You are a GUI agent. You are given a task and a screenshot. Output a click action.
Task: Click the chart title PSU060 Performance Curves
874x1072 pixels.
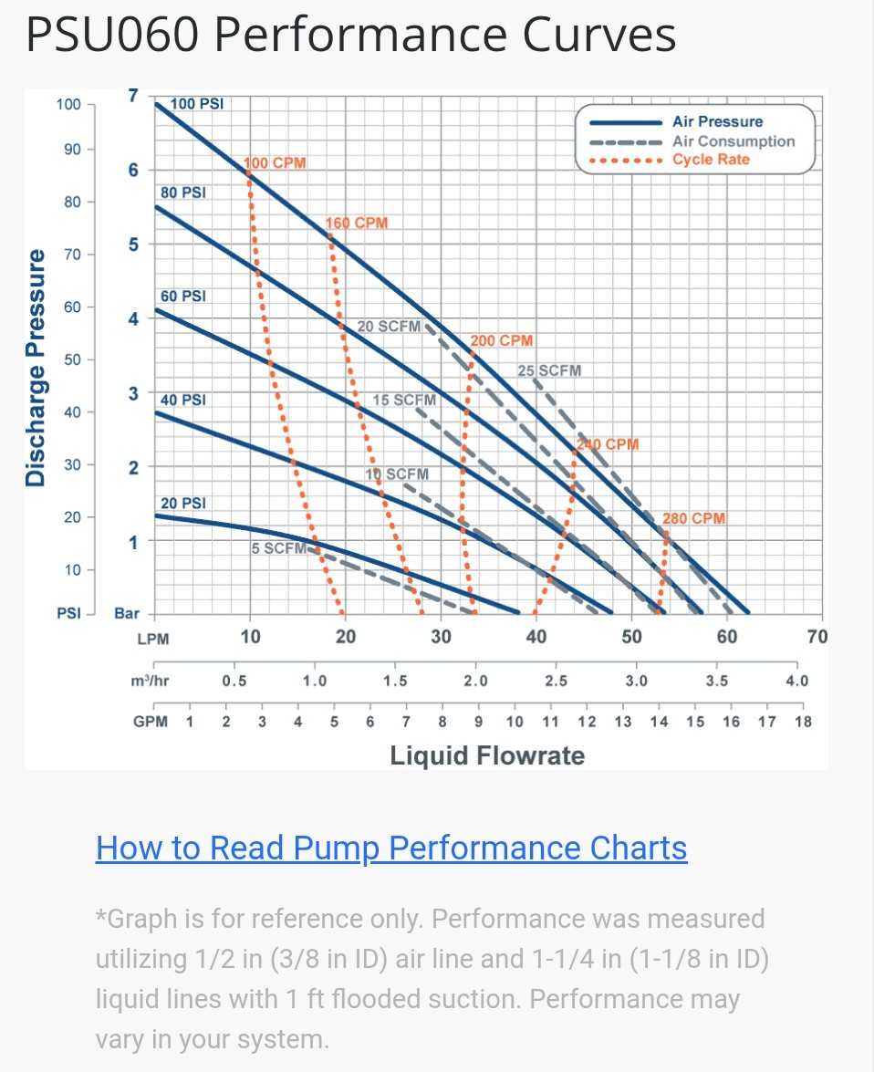pyautogui.click(x=350, y=35)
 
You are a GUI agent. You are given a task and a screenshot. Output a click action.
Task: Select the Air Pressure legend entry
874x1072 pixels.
pyautogui.click(x=717, y=121)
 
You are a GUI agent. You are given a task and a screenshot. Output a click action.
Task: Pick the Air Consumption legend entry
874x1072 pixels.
pyautogui.click(x=734, y=141)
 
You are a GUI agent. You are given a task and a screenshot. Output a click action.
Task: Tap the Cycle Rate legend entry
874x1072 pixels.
pyautogui.click(x=711, y=160)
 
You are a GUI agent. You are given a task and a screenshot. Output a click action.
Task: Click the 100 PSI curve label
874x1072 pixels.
pyautogui.click(x=197, y=104)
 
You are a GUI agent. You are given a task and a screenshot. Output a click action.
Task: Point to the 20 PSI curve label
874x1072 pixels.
pyautogui.click(x=183, y=503)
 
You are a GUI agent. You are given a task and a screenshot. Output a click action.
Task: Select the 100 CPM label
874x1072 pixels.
pyautogui.click(x=276, y=163)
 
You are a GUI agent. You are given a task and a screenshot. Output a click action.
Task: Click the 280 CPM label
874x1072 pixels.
pyautogui.click(x=694, y=518)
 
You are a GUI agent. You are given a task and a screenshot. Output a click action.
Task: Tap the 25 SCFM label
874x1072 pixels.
pyautogui.click(x=549, y=370)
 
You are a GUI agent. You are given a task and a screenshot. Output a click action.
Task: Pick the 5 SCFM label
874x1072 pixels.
pyautogui.click(x=279, y=548)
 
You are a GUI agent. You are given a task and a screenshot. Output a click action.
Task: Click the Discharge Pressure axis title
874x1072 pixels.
pyautogui.click(x=36, y=368)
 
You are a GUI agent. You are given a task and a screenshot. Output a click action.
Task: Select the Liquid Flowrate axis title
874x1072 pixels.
pyautogui.click(x=487, y=755)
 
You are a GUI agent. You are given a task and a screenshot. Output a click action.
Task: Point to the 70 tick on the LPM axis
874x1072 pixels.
pyautogui.click(x=817, y=636)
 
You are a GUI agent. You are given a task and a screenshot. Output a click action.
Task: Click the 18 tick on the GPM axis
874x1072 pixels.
pyautogui.click(x=803, y=722)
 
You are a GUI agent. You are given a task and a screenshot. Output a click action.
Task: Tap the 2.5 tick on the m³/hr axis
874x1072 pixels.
pyautogui.click(x=556, y=681)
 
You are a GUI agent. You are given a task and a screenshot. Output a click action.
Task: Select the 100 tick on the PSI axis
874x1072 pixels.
pyautogui.click(x=68, y=104)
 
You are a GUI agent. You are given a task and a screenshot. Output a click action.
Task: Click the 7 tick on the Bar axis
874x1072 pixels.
pyautogui.click(x=133, y=95)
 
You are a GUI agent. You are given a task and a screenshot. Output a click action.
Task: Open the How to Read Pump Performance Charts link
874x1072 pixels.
pyautogui.click(x=391, y=848)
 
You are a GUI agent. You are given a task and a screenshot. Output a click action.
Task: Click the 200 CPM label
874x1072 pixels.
pyautogui.click(x=502, y=341)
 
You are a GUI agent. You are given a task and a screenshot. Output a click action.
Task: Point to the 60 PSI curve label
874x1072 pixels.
pyautogui.click(x=183, y=297)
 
